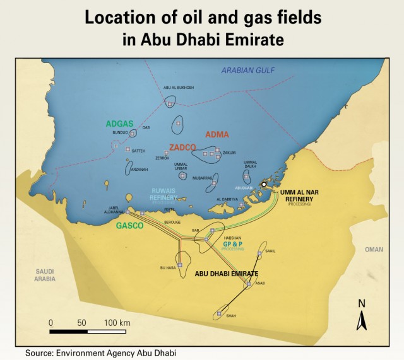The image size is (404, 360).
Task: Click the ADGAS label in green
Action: [119, 124]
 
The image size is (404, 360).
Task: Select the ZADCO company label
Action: [182, 147]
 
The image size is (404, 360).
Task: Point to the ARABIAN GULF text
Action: [247, 70]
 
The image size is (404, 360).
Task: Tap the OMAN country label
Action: [374, 250]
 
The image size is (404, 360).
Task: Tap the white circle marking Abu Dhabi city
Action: [264, 185]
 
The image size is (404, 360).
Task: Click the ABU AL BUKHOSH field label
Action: [179, 88]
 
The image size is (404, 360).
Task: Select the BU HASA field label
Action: [167, 268]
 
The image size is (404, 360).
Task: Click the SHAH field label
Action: [230, 315]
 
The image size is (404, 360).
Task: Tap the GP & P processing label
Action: [234, 243]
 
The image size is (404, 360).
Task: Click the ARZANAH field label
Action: [139, 170]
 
